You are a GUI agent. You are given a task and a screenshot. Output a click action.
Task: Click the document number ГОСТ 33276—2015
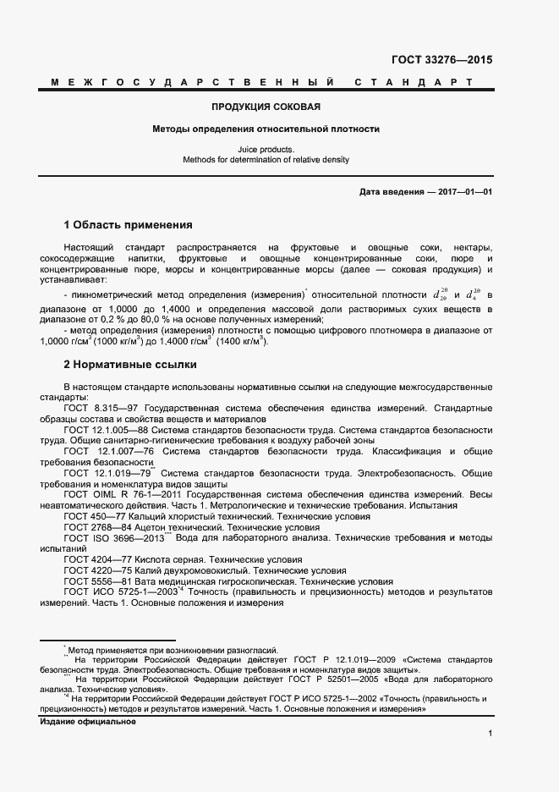point(441,60)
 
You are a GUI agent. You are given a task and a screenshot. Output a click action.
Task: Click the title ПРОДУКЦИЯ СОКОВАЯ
point(266,107)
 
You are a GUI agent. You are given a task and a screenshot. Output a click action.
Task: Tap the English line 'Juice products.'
point(266,149)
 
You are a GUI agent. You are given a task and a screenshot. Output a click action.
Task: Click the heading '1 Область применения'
point(128,225)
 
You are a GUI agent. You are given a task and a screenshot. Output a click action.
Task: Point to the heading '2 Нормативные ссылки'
point(130,365)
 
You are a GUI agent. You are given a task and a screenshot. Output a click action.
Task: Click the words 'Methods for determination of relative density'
point(266,159)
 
